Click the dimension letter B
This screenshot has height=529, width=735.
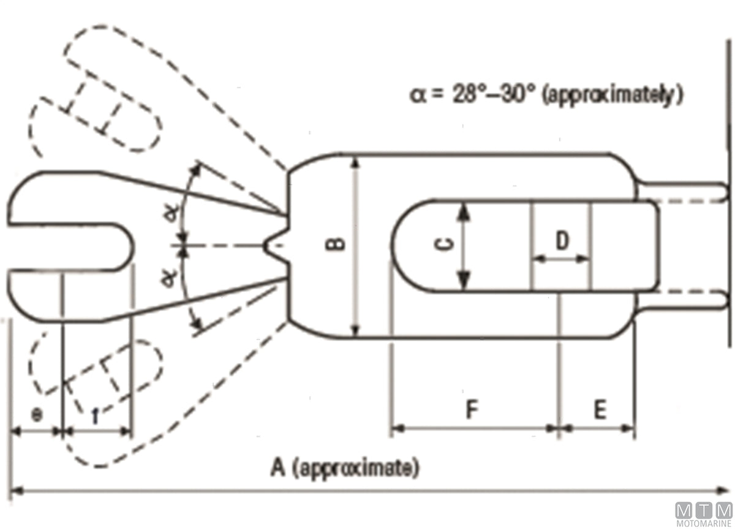point(336,245)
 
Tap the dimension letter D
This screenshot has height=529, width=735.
point(562,240)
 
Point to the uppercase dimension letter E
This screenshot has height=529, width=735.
point(600,409)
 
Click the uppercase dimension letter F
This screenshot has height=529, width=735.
point(472,409)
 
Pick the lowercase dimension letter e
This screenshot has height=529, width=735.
point(37,416)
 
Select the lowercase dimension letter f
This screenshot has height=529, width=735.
point(96,416)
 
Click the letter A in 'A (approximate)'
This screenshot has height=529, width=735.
point(277,468)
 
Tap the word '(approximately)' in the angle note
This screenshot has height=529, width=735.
point(612,95)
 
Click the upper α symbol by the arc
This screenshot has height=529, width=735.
point(172,213)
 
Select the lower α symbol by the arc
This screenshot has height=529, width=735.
point(169,279)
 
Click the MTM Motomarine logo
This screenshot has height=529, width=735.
point(704,514)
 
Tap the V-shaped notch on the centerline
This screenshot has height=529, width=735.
point(276,245)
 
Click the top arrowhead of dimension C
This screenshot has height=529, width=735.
point(463,211)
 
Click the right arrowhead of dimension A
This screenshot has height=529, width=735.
point(722,491)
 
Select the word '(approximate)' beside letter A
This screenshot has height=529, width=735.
point(356,468)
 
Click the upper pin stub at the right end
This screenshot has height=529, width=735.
point(683,191)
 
